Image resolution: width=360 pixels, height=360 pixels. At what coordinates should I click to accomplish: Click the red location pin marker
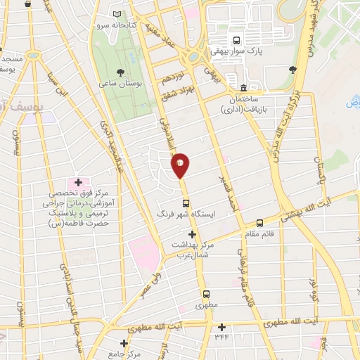[x=180, y=165]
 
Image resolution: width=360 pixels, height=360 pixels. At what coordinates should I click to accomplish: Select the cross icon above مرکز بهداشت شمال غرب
[x=191, y=234]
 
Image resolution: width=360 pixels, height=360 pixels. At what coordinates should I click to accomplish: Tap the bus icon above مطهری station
[x=207, y=295]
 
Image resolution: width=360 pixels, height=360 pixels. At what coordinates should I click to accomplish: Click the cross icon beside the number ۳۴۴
[x=222, y=327]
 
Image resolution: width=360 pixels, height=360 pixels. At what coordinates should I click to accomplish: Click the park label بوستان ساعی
[x=120, y=84]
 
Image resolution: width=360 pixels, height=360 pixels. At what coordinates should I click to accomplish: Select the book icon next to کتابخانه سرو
[x=117, y=15]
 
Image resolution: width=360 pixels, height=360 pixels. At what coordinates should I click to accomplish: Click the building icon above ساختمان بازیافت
[x=243, y=89]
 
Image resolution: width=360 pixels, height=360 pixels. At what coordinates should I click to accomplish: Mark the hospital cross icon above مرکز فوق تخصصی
[x=78, y=183]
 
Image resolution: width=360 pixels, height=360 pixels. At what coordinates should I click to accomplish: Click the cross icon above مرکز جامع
[x=124, y=344]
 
